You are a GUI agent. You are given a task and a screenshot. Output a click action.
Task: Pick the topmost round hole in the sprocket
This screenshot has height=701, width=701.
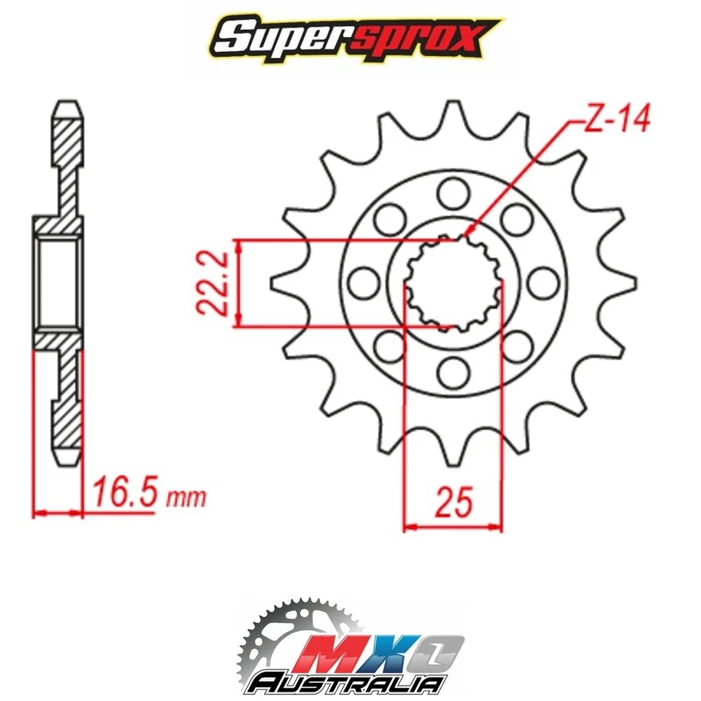tap(453, 192)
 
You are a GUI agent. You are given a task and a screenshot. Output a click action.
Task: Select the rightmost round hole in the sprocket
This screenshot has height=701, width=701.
tap(543, 283)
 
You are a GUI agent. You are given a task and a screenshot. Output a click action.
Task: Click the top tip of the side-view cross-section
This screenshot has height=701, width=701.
tap(69, 104)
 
